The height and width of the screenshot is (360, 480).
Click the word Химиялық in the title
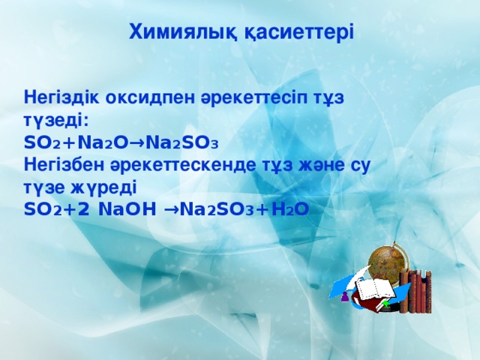pos(175,31)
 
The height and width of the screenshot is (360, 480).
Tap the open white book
pos(375,289)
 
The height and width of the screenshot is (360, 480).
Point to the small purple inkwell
pos(345,298)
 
